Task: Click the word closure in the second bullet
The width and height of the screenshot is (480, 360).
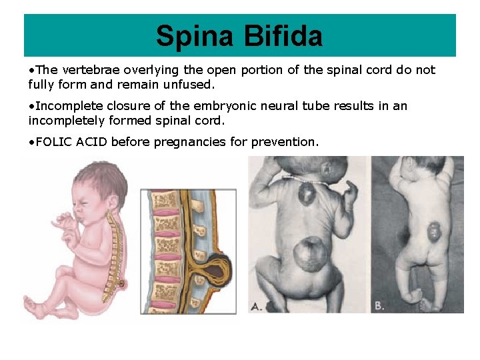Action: [x=121, y=106]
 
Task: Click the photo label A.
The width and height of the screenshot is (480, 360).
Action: [x=254, y=305]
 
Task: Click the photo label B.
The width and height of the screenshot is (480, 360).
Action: [x=379, y=305]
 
